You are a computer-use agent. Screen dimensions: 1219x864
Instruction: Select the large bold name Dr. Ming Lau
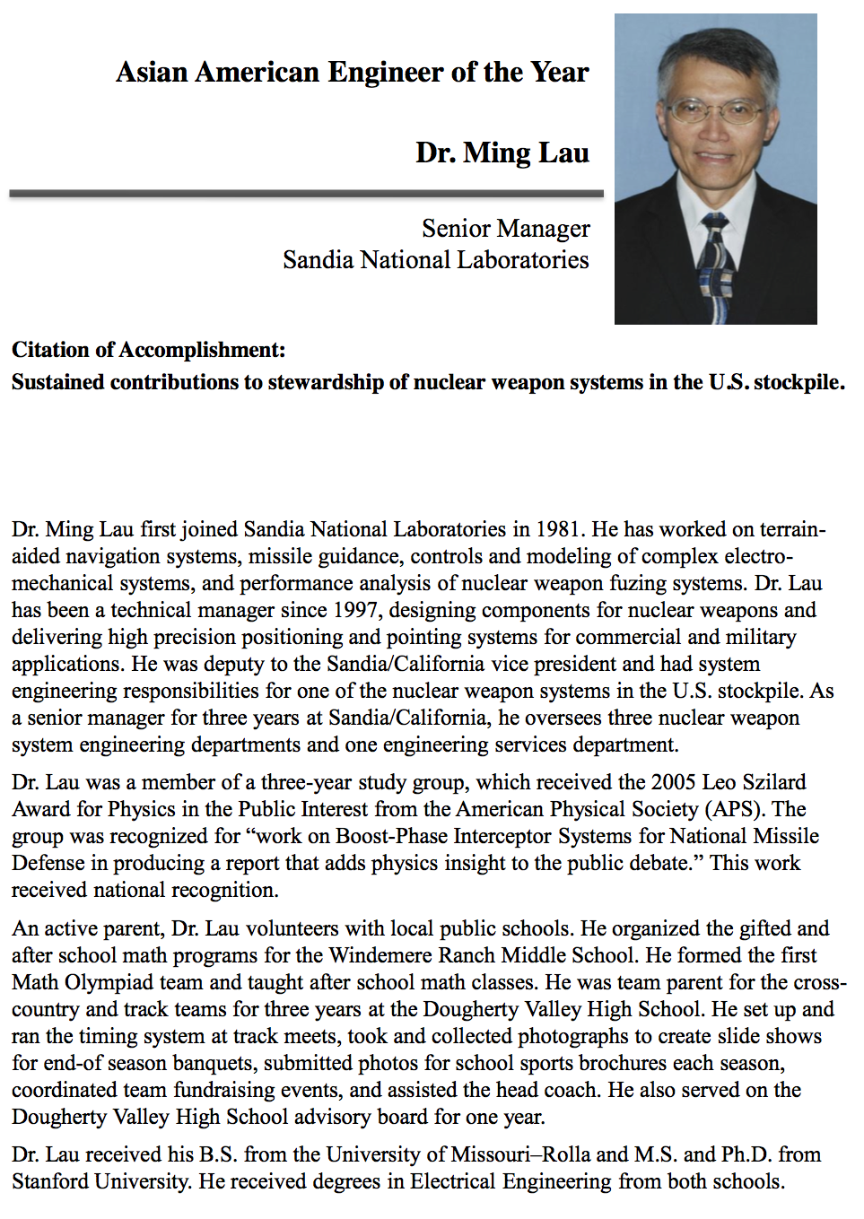pos(502,152)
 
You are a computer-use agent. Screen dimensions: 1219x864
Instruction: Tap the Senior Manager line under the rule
pos(505,229)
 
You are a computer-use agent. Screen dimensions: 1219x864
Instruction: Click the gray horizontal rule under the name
pos(306,193)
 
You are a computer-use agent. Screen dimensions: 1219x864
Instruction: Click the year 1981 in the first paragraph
pos(559,529)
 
